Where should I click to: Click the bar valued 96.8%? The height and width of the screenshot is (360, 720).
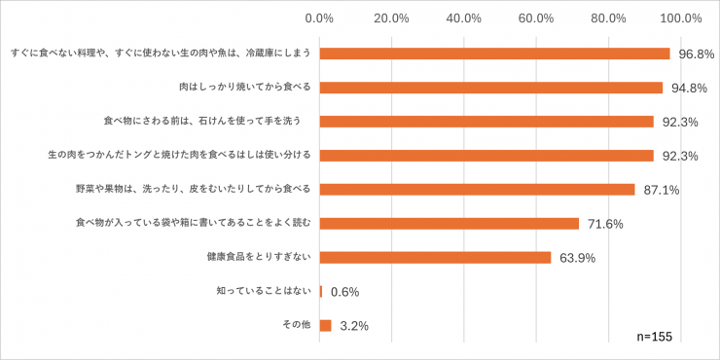[x=494, y=54]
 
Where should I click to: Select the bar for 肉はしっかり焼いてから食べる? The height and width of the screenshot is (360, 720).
[x=490, y=88]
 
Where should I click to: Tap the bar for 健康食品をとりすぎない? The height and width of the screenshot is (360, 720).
[x=435, y=258]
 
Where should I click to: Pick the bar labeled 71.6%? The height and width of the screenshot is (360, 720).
[x=449, y=224]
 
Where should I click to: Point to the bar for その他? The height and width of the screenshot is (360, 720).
[x=325, y=326]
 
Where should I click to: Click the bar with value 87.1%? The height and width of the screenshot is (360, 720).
[x=477, y=190]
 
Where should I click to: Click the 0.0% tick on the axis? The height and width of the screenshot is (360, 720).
[x=319, y=18]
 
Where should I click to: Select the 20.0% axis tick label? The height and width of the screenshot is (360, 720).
[x=391, y=18]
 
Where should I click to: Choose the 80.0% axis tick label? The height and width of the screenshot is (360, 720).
[x=608, y=18]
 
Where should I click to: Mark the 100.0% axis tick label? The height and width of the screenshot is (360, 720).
[x=680, y=18]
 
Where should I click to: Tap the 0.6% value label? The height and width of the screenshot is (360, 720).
[x=345, y=292]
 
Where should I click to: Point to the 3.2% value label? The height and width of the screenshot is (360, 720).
[x=352, y=327]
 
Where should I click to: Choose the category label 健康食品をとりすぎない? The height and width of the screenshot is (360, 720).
[x=258, y=257]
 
